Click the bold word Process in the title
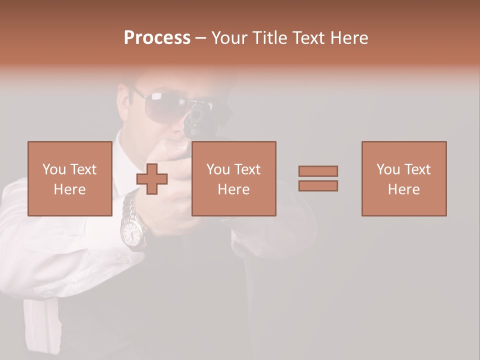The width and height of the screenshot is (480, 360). coord(157,38)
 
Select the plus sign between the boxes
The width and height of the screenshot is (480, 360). coord(152,178)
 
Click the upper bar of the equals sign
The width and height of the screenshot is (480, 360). coord(318,171)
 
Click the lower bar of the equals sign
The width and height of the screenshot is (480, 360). coord(318,185)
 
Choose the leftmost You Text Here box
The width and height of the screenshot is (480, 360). coord(69,178)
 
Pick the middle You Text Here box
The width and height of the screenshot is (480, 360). coord(233,178)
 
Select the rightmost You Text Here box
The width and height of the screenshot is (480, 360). coord(403,178)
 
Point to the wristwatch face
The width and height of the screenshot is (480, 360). coord(131,232)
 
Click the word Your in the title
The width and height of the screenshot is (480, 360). coord(229,38)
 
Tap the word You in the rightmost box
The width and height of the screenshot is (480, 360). coord(386,169)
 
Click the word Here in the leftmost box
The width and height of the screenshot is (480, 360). coord(69,189)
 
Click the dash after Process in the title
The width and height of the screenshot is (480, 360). coord(201,38)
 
